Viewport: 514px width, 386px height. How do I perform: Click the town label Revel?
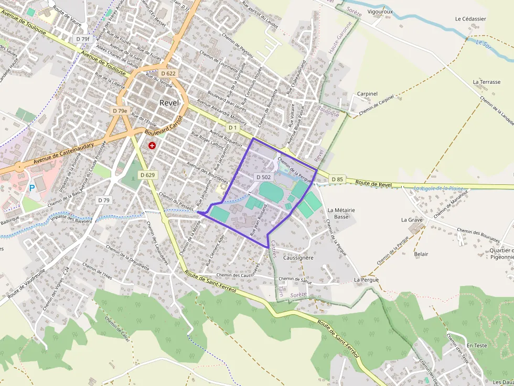tap(169, 103)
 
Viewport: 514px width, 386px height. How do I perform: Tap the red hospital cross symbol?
tap(152, 145)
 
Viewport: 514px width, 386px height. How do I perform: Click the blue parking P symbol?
tap(31, 188)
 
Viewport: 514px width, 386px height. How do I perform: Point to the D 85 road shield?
tap(337, 180)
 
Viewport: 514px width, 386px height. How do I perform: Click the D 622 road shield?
tap(168, 73)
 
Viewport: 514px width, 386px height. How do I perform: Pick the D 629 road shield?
tap(147, 174)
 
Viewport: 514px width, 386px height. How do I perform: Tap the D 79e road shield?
tap(120, 111)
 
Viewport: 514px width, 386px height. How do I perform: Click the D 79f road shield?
tap(82, 39)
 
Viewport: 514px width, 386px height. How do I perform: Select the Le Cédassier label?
tap(470, 19)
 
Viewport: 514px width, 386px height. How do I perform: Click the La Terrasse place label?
tap(487, 82)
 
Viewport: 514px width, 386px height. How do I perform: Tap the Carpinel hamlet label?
tap(367, 94)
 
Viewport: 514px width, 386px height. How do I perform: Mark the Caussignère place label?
tap(298, 258)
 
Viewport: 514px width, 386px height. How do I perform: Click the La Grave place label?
tap(412, 220)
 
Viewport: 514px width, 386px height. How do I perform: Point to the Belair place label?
tap(421, 254)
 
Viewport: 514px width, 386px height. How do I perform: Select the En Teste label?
tap(477, 346)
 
